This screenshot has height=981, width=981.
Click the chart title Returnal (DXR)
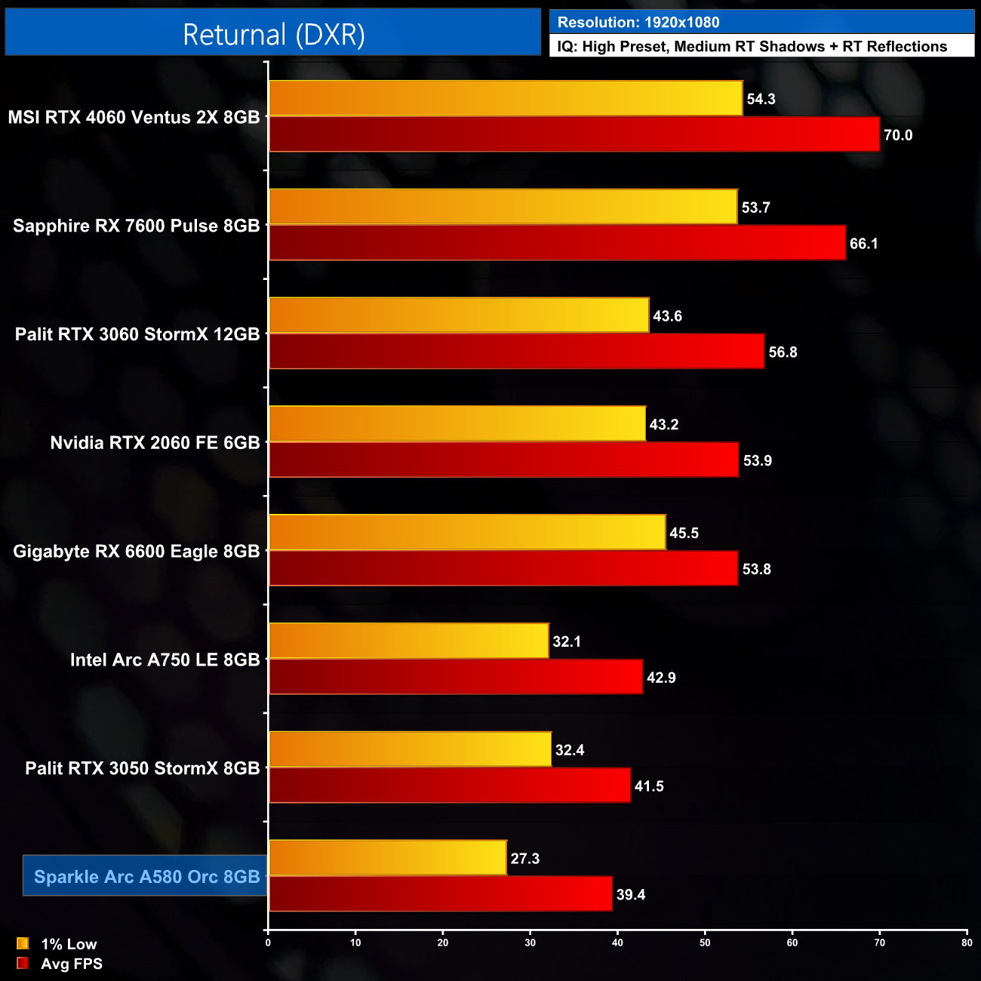click(x=273, y=35)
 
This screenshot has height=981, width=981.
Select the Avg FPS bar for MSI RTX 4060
click(x=574, y=134)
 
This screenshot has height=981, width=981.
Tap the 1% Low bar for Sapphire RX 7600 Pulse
click(x=503, y=207)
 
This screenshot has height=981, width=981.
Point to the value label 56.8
click(x=783, y=352)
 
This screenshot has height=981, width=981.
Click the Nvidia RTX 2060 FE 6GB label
click(x=155, y=443)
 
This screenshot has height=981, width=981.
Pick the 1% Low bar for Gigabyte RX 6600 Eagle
click(x=467, y=533)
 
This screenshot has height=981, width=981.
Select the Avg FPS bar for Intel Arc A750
click(x=456, y=677)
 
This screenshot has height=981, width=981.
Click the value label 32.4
click(x=570, y=750)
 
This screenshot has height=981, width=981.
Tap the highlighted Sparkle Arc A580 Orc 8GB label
click(x=146, y=877)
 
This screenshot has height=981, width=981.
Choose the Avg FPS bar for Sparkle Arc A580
click(x=440, y=894)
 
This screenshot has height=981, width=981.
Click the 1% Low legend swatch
click(x=23, y=943)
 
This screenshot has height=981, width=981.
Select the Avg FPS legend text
click(x=72, y=964)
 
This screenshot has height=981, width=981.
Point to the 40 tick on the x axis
click(x=617, y=943)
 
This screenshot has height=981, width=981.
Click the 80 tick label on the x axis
click(x=967, y=943)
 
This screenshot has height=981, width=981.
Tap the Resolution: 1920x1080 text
click(x=638, y=23)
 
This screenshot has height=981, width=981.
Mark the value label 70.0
click(x=898, y=135)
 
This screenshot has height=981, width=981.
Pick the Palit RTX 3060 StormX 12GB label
click(x=137, y=334)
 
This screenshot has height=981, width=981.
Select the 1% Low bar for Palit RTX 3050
click(x=410, y=749)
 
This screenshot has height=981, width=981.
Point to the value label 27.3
click(x=525, y=859)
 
